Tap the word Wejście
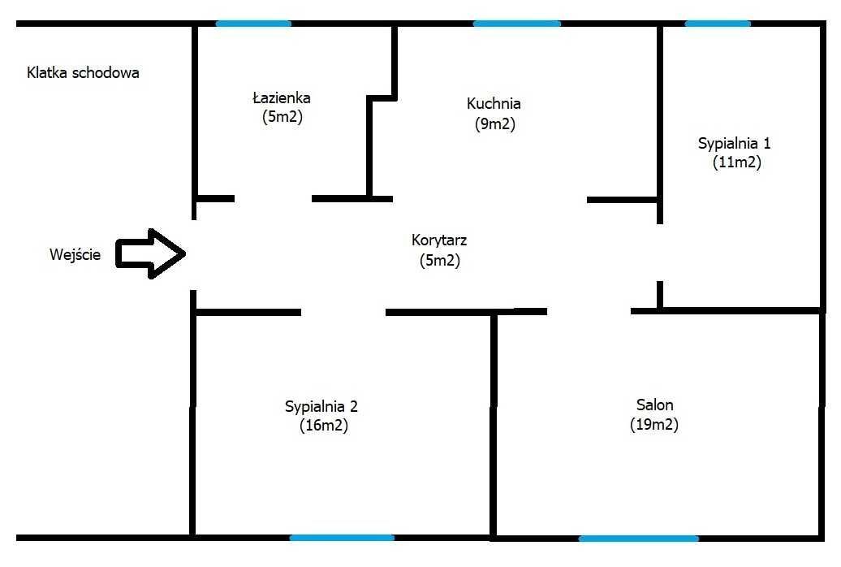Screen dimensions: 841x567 [x=75, y=254]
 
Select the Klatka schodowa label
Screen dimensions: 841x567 [x=83, y=73]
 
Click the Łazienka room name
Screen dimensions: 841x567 [x=282, y=97]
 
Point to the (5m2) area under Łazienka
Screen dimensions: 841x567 [x=282, y=116]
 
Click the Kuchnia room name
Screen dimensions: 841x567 [x=494, y=103]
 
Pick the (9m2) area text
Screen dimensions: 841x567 [x=494, y=124]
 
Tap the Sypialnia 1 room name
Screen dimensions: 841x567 [x=735, y=143]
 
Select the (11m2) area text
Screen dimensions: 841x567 [x=737, y=162]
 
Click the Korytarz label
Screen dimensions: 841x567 [x=439, y=240]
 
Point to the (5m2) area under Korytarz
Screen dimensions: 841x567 [x=440, y=261]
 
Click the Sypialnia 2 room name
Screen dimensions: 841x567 [x=321, y=406]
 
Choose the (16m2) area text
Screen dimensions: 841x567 [x=324, y=426]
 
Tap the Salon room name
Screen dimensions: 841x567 [x=655, y=405]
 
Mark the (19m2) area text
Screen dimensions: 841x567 [x=654, y=424]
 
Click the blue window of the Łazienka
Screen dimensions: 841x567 [x=254, y=24]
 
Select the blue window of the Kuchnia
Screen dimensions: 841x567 [x=517, y=24]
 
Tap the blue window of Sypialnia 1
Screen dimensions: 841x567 [x=718, y=24]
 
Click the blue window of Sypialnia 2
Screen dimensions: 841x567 [x=343, y=538]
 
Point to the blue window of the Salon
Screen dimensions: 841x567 [x=639, y=538]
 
